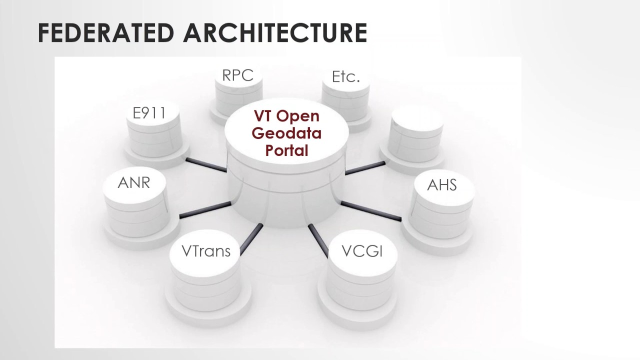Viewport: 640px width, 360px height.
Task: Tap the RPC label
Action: coord(238,75)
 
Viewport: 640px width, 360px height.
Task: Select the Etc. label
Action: coord(346,76)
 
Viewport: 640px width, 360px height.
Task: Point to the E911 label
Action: coord(149,114)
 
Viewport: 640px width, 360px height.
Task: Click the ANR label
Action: coord(134,182)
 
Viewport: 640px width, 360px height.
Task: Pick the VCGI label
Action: coord(362,251)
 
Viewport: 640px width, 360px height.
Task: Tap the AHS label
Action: coord(442,184)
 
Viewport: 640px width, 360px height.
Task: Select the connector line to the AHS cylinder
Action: coord(370,210)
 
